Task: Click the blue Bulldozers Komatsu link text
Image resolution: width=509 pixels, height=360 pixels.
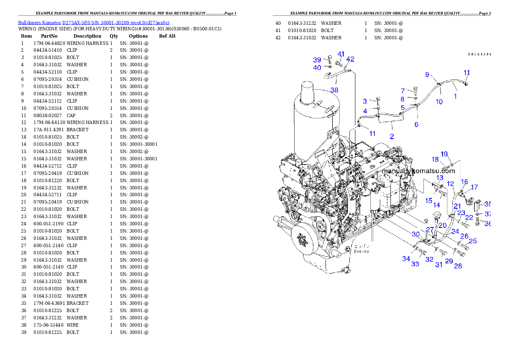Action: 94,23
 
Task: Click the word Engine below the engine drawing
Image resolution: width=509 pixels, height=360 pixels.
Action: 361,251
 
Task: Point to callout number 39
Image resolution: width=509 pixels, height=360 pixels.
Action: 317,60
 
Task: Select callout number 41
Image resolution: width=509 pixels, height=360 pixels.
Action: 341,54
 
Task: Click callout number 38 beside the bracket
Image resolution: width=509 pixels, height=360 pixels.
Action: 334,90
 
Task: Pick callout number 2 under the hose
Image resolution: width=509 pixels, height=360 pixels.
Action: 391,137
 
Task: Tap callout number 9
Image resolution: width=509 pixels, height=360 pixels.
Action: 427,75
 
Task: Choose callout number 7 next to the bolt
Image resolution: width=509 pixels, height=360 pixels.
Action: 402,91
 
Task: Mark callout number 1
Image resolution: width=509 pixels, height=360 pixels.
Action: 455,97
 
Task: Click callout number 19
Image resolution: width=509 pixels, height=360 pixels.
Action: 444,154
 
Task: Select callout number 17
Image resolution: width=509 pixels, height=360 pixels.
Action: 474,187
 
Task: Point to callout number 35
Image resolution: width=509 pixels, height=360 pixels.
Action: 488,204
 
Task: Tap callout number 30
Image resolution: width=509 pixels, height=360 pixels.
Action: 415,234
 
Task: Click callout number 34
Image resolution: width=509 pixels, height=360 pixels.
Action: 406,259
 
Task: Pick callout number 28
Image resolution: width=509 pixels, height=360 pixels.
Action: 458,266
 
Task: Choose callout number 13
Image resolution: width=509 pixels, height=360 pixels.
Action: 440,177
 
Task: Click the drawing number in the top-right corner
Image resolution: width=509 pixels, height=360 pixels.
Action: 479,54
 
